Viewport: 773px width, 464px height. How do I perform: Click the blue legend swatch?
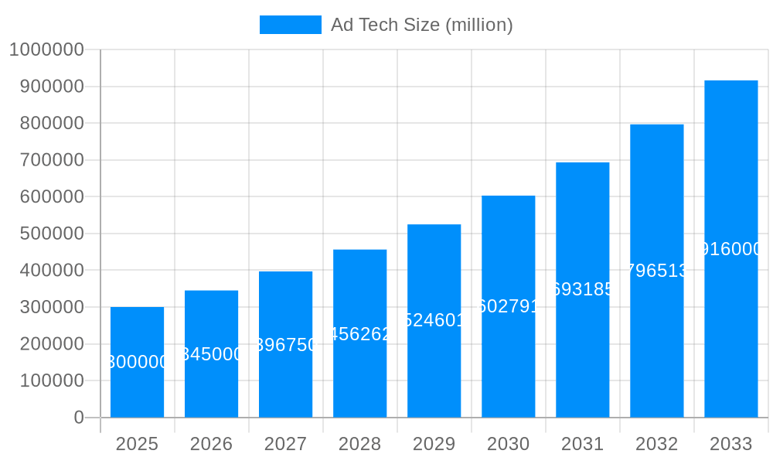(290, 25)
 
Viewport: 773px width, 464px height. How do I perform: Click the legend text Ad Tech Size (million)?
(421, 25)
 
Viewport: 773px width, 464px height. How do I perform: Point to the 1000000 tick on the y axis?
(46, 49)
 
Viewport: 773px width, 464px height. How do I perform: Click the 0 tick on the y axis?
(79, 418)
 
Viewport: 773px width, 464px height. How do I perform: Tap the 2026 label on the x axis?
(211, 444)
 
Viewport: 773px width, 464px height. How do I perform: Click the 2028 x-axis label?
(359, 444)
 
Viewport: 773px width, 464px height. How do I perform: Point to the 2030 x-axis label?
(508, 444)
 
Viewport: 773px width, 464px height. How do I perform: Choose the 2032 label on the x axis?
(656, 444)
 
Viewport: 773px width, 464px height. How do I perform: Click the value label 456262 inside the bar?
(359, 334)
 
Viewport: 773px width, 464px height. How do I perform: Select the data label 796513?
(656, 271)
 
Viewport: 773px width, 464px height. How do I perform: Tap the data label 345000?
(211, 354)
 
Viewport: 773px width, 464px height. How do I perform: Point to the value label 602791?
(508, 306)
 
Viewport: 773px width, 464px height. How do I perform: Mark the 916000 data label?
(730, 249)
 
